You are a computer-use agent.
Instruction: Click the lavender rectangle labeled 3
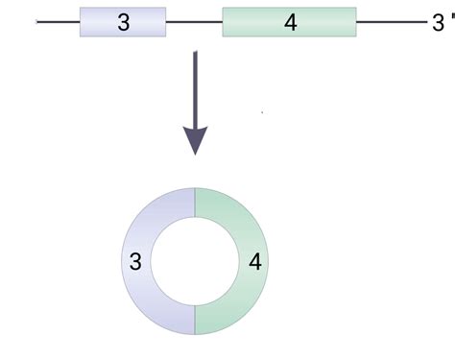coord(144,21)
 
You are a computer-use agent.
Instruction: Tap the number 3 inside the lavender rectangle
coord(123,22)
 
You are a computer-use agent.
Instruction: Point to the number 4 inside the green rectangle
coord(290,22)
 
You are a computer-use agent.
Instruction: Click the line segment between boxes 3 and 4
coord(194,21)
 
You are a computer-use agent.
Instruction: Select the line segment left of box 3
coord(58,21)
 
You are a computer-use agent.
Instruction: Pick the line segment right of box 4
coord(389,21)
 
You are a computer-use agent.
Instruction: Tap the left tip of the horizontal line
coord(37,21)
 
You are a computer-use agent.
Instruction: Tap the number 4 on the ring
coord(254,260)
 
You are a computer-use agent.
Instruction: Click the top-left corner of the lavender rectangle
coord(81,8)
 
